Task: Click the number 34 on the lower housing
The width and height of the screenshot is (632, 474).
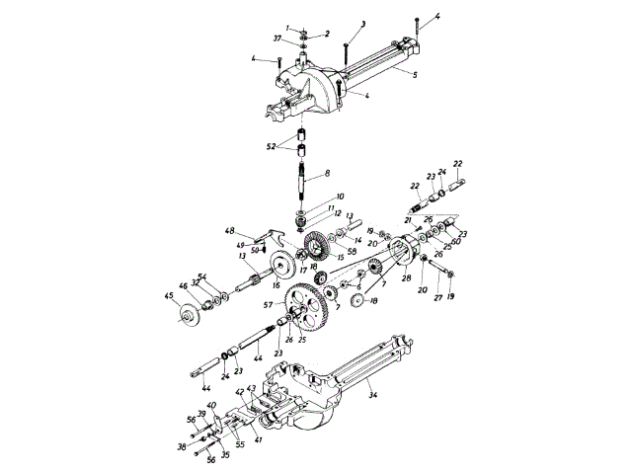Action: (373, 396)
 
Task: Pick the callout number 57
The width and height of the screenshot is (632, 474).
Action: (268, 307)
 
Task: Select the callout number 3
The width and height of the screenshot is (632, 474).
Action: (363, 23)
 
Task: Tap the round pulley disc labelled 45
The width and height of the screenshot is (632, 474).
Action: (185, 316)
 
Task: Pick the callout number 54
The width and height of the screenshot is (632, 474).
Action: (201, 276)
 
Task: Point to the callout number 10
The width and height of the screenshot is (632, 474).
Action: (342, 197)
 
